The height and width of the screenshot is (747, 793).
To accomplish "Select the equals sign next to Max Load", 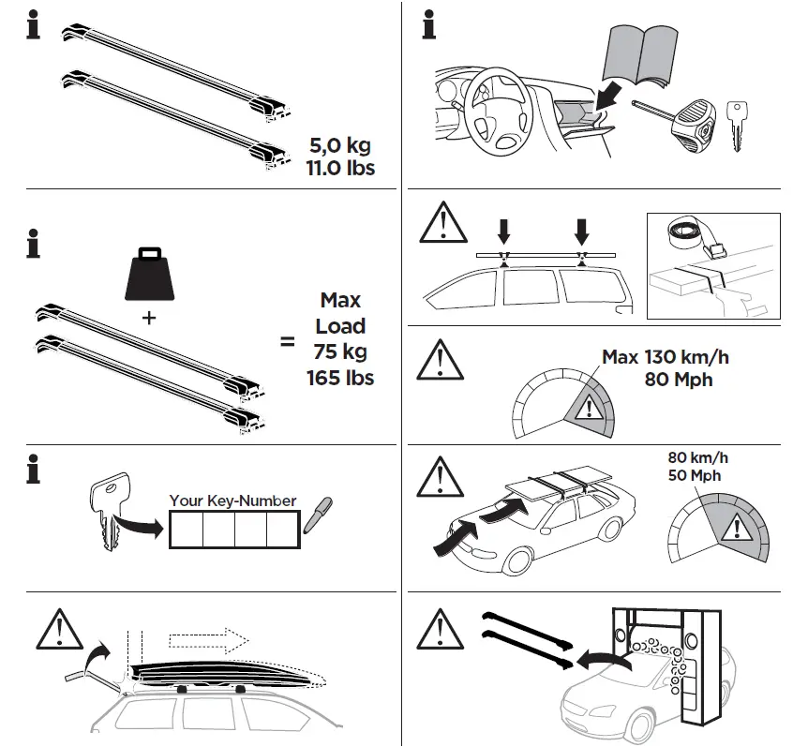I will [x=287, y=343].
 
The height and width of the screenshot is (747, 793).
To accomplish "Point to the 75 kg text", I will [x=340, y=352].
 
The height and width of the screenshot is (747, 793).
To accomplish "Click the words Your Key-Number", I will [x=232, y=500].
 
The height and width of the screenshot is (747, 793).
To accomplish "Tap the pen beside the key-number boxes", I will [x=322, y=507].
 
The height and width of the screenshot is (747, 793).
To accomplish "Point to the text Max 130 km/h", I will [x=660, y=357].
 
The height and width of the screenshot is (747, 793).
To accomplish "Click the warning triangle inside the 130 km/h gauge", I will [x=588, y=409].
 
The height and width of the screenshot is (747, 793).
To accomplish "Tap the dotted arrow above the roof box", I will [x=208, y=640].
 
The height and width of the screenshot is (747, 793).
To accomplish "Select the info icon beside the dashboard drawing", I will [x=428, y=25].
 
